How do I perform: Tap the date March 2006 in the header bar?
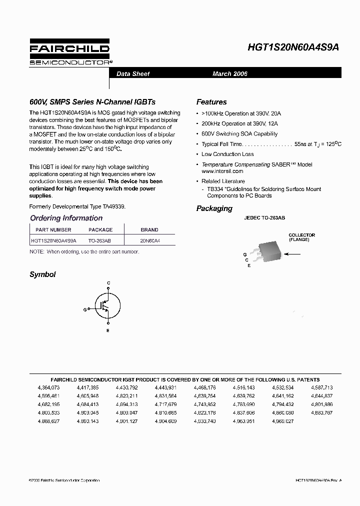click(x=229, y=74)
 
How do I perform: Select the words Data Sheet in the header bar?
click(x=133, y=74)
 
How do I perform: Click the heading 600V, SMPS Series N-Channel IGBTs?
click(x=92, y=102)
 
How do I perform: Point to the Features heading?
click(x=211, y=102)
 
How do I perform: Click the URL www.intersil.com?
click(x=222, y=171)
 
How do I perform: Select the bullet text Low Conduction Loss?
click(x=227, y=154)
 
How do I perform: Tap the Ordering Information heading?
click(x=66, y=218)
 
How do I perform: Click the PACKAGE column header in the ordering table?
click(x=100, y=230)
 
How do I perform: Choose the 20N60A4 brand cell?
click(x=150, y=240)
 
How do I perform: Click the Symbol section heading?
click(x=42, y=274)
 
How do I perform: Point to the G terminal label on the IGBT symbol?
click(x=85, y=310)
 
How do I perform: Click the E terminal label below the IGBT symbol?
click(x=108, y=331)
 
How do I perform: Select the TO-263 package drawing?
click(x=269, y=252)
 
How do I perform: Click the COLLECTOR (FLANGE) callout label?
click(x=301, y=237)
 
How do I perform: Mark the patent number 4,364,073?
click(x=48, y=387)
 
